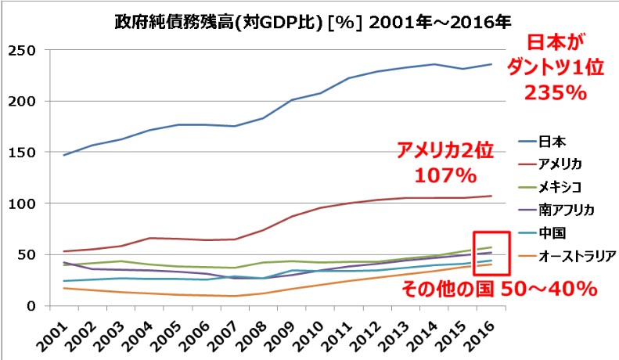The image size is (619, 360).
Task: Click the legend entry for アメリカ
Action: coord(561,164)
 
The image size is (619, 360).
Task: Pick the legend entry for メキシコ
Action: coord(561,187)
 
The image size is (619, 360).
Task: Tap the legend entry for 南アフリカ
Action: coord(567,210)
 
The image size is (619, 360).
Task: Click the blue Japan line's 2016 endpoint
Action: coord(491,64)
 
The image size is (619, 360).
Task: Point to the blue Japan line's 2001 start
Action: coord(64,155)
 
